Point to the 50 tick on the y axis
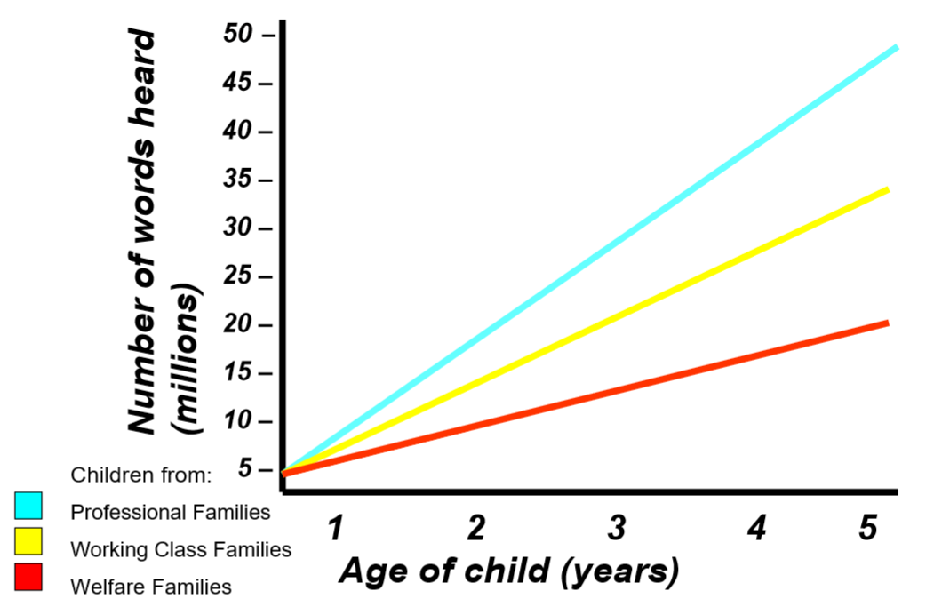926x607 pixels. tap(241, 35)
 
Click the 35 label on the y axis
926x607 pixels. tap(241, 180)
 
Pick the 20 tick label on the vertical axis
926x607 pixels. tap(241, 325)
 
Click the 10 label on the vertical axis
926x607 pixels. tap(241, 422)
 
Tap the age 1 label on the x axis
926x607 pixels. tap(335, 529)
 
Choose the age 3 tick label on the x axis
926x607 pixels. tap(616, 529)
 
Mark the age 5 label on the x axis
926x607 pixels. tap(867, 529)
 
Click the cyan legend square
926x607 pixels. tap(28, 506)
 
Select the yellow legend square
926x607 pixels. tap(28, 542)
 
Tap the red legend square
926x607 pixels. tap(28, 579)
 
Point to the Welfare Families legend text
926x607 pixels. tap(151, 587)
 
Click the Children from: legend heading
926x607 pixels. tap(141, 475)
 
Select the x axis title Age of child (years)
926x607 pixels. tap(508, 571)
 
